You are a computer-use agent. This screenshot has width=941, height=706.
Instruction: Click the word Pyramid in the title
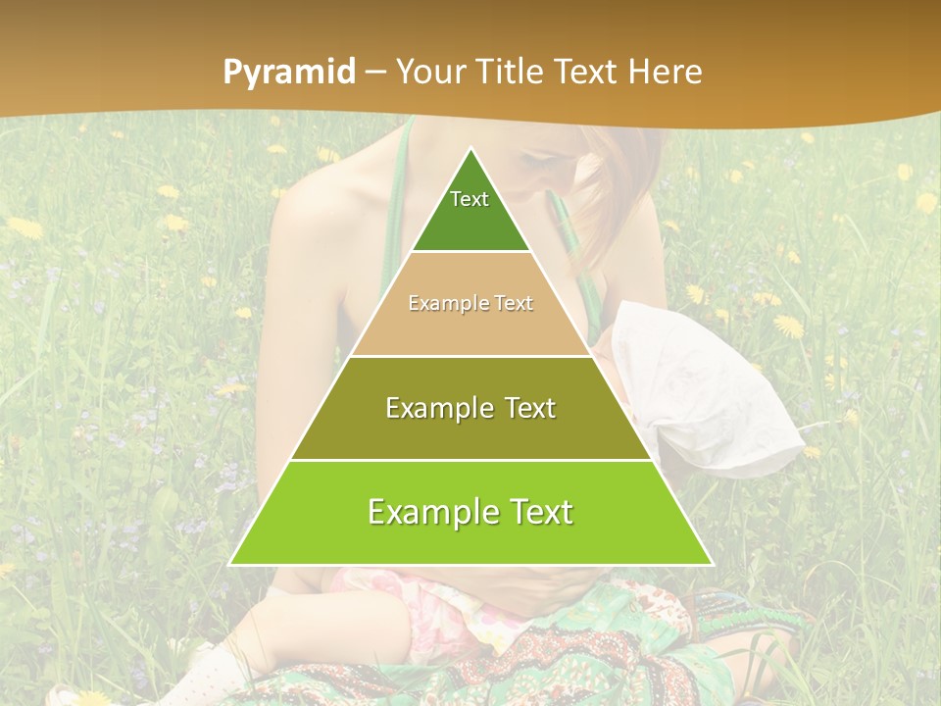click(x=289, y=73)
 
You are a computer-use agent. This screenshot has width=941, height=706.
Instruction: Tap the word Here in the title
click(x=664, y=72)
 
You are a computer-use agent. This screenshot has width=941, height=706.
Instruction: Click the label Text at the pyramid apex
click(x=470, y=199)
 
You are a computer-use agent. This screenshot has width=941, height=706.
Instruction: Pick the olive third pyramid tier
click(x=470, y=431)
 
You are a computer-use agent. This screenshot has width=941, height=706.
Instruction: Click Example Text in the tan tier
click(x=470, y=303)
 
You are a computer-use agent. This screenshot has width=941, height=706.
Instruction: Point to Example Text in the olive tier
click(x=470, y=408)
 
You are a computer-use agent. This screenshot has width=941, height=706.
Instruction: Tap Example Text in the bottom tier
click(x=470, y=512)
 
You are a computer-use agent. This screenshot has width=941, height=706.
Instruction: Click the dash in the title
click(x=374, y=73)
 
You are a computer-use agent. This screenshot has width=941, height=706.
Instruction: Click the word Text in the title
click(x=586, y=72)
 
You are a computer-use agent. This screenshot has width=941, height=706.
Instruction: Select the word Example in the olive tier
click(x=430, y=408)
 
